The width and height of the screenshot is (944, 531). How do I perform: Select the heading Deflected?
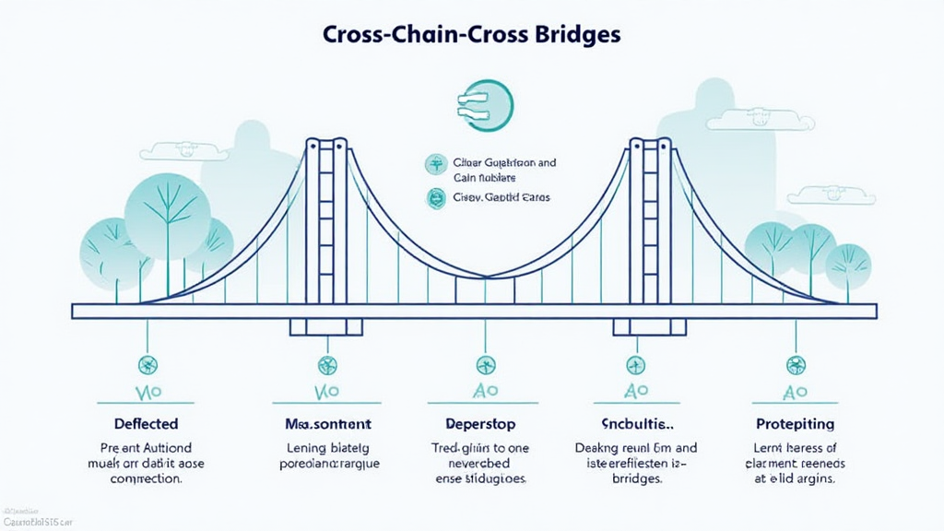click(x=147, y=424)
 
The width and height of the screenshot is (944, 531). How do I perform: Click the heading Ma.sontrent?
click(x=327, y=424)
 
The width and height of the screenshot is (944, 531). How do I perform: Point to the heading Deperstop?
click(x=480, y=424)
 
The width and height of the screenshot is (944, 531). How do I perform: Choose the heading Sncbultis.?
click(x=636, y=424)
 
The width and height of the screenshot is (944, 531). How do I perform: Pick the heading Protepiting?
click(x=794, y=424)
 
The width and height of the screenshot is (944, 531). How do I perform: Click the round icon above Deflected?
click(x=147, y=364)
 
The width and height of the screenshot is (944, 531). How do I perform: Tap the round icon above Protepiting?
click(x=795, y=364)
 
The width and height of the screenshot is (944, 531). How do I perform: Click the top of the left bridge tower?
click(x=326, y=144)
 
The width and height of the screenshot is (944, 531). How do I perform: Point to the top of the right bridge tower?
click(x=650, y=144)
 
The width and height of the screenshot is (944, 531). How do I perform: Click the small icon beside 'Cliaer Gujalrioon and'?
click(x=433, y=165)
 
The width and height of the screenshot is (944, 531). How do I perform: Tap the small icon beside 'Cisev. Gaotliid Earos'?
click(x=433, y=197)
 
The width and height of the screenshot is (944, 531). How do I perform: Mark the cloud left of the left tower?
click(x=184, y=150)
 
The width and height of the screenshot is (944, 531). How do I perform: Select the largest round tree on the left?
click(x=167, y=211)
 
